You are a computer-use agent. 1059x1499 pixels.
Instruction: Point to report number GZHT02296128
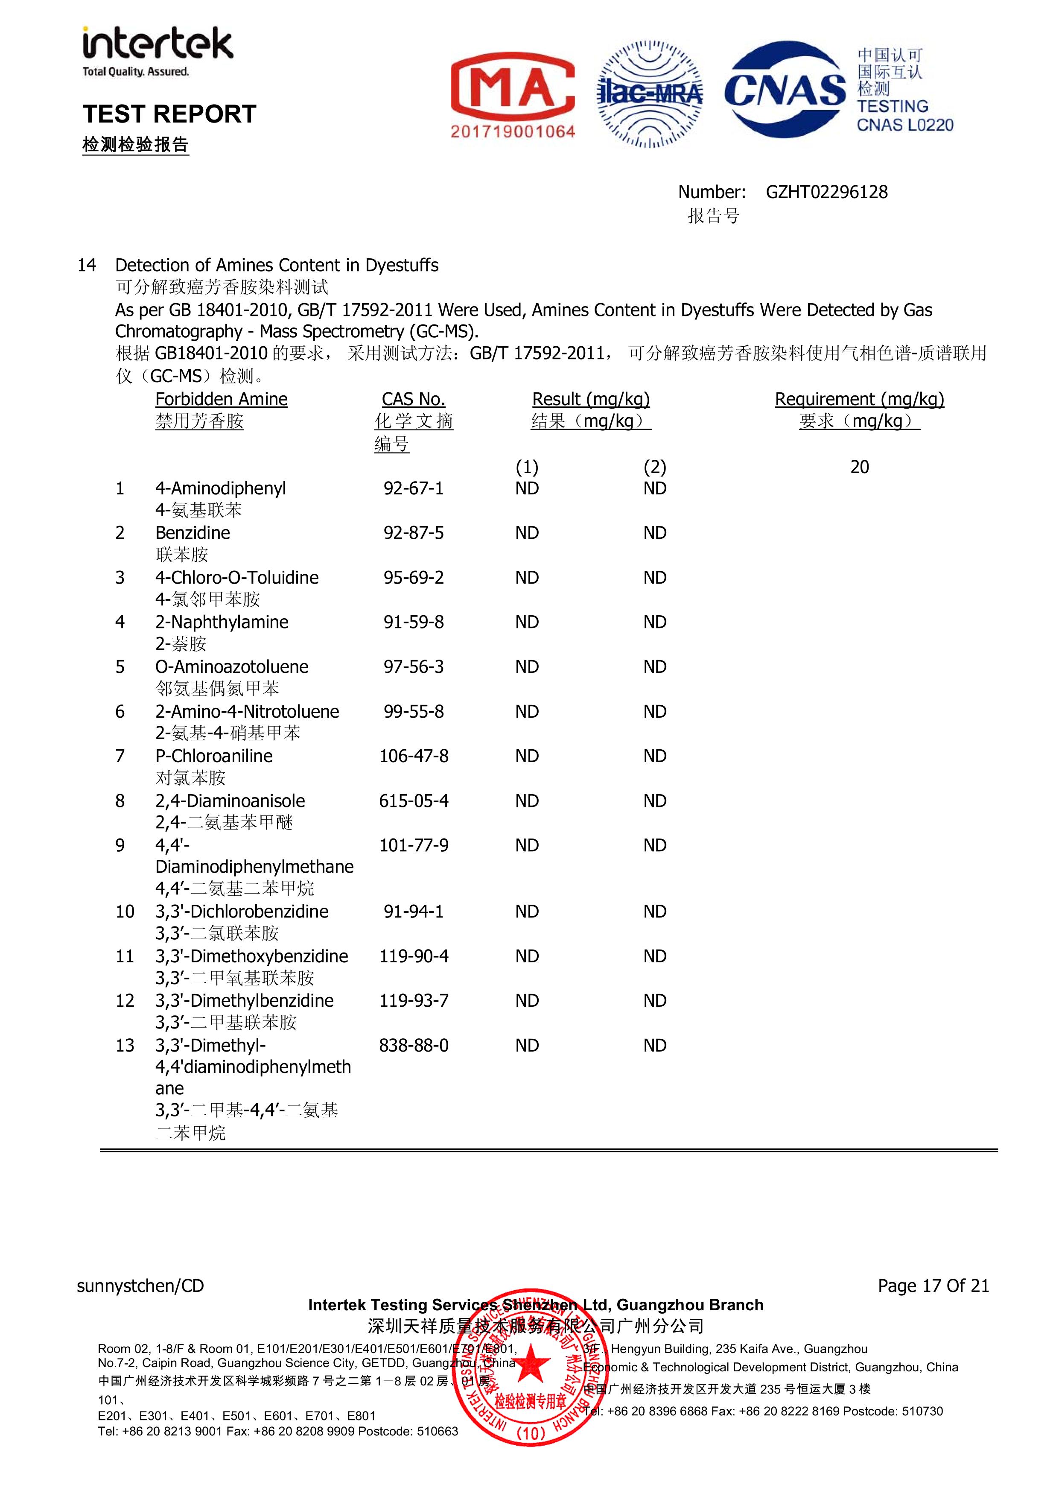826,192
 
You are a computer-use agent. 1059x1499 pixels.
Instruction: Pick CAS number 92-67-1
413,488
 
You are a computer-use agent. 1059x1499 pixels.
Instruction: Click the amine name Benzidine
193,533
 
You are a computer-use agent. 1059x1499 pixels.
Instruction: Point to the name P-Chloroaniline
214,756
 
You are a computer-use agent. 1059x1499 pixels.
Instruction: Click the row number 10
125,912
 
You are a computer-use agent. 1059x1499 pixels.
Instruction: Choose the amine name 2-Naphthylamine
222,622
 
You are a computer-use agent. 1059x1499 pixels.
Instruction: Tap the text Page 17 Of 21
933,1286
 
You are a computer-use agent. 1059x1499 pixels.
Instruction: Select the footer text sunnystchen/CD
140,1286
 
